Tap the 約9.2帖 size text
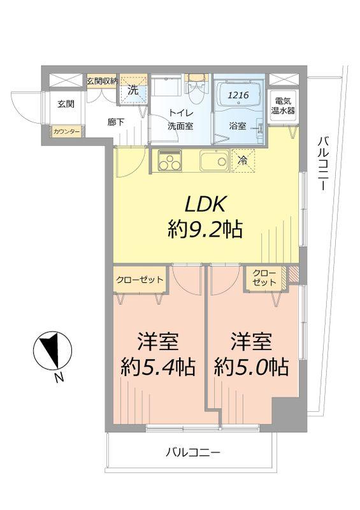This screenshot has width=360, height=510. pyautogui.click(x=205, y=229)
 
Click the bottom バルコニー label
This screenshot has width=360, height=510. pyautogui.click(x=192, y=453)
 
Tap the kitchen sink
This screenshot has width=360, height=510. pyautogui.click(x=214, y=161)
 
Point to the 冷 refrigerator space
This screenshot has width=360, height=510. pyautogui.click(x=243, y=161)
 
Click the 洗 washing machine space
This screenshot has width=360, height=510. pyautogui.click(x=133, y=91)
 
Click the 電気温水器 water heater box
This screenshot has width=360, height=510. pyautogui.click(x=282, y=106)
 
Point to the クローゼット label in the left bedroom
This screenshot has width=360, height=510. pyautogui.click(x=140, y=279)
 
